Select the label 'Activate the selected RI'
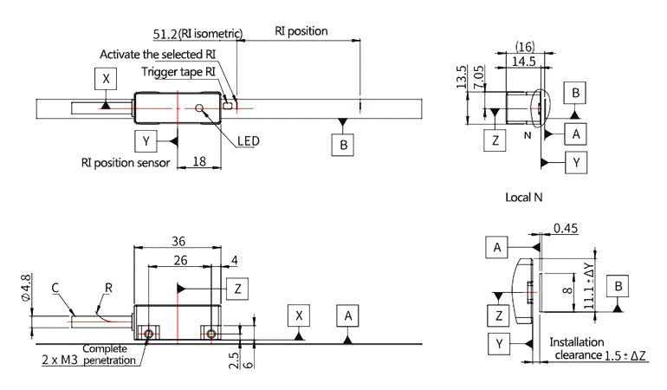157,54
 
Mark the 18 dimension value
198,160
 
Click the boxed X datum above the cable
107,78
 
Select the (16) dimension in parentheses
523,44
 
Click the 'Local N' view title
523,197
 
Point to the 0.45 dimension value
566,230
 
